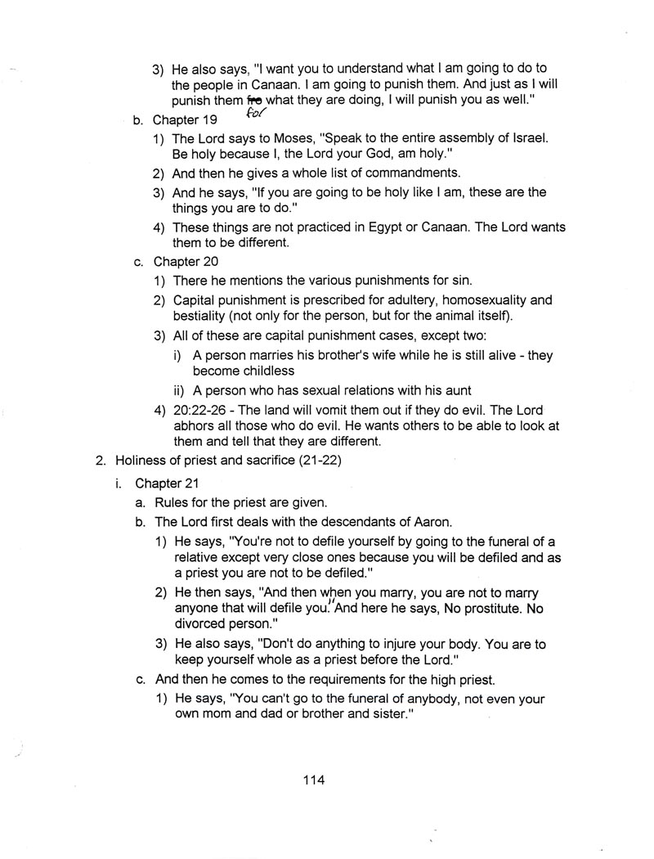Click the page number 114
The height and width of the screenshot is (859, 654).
click(313, 780)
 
